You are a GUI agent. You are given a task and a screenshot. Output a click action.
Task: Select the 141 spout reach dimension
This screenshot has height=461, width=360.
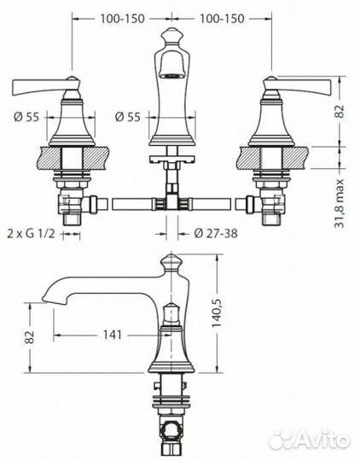pyautogui.click(x=111, y=335)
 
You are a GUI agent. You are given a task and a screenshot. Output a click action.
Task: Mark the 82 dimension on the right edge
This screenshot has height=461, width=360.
pyautogui.click(x=339, y=111)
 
